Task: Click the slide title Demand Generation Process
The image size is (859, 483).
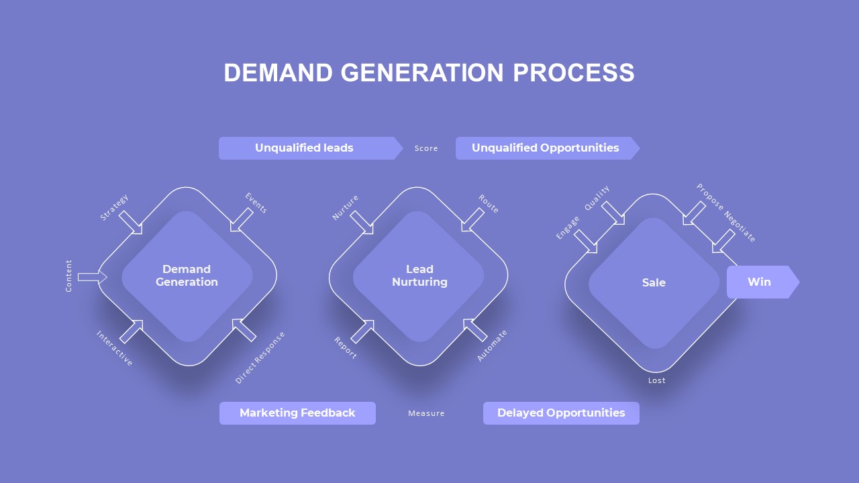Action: pos(429,72)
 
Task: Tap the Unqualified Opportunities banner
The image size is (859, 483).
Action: pos(545,148)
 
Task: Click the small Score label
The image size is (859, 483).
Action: pos(426,148)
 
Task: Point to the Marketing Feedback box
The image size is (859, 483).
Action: pos(297,413)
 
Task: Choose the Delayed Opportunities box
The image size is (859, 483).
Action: pos(561,413)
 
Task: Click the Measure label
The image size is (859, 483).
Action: pos(426,413)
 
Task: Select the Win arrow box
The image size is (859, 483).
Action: pos(761,282)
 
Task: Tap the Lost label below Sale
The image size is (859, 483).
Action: pos(657,380)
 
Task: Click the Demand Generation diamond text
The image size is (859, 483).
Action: pos(187,276)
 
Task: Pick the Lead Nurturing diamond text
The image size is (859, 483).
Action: pos(419,276)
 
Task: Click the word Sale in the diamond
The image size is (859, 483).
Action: pos(654,282)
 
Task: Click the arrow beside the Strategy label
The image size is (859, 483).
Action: pos(132,223)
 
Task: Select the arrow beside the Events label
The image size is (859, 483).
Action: pos(242,220)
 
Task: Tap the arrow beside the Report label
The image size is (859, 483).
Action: pos(362,331)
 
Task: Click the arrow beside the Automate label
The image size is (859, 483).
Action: pos(475,330)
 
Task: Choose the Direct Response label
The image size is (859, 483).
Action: pos(260,358)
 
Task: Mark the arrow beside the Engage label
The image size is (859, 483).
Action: pos(586,241)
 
